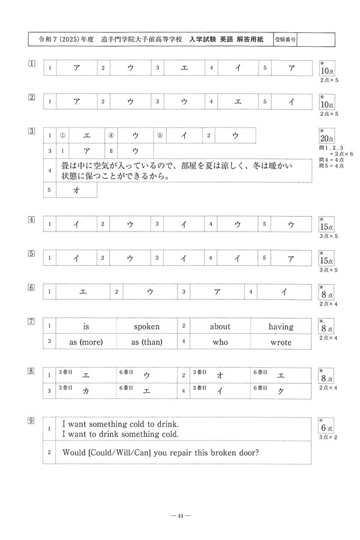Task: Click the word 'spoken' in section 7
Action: [x=146, y=327]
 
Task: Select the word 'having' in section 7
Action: [x=281, y=327]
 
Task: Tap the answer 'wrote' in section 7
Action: [x=281, y=343]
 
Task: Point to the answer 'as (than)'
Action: [x=146, y=343]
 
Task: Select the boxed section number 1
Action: [x=32, y=62]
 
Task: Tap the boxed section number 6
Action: [x=32, y=286]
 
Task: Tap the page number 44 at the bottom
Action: [x=180, y=515]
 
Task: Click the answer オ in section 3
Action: [x=76, y=190]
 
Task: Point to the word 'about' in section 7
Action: [x=220, y=327]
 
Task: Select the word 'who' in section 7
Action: [x=220, y=343]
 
